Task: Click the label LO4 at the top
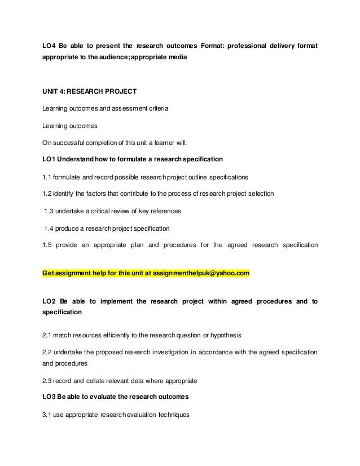pyautogui.click(x=49, y=45)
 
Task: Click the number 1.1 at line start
pyautogui.click(x=47, y=177)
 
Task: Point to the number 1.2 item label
pyautogui.click(x=47, y=194)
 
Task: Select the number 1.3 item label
pyautogui.click(x=49, y=211)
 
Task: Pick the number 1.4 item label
pyautogui.click(x=49, y=228)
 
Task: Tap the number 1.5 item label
pyautogui.click(x=47, y=245)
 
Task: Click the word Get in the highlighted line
pyautogui.click(x=49, y=274)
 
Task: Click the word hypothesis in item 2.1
pyautogui.click(x=225, y=336)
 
